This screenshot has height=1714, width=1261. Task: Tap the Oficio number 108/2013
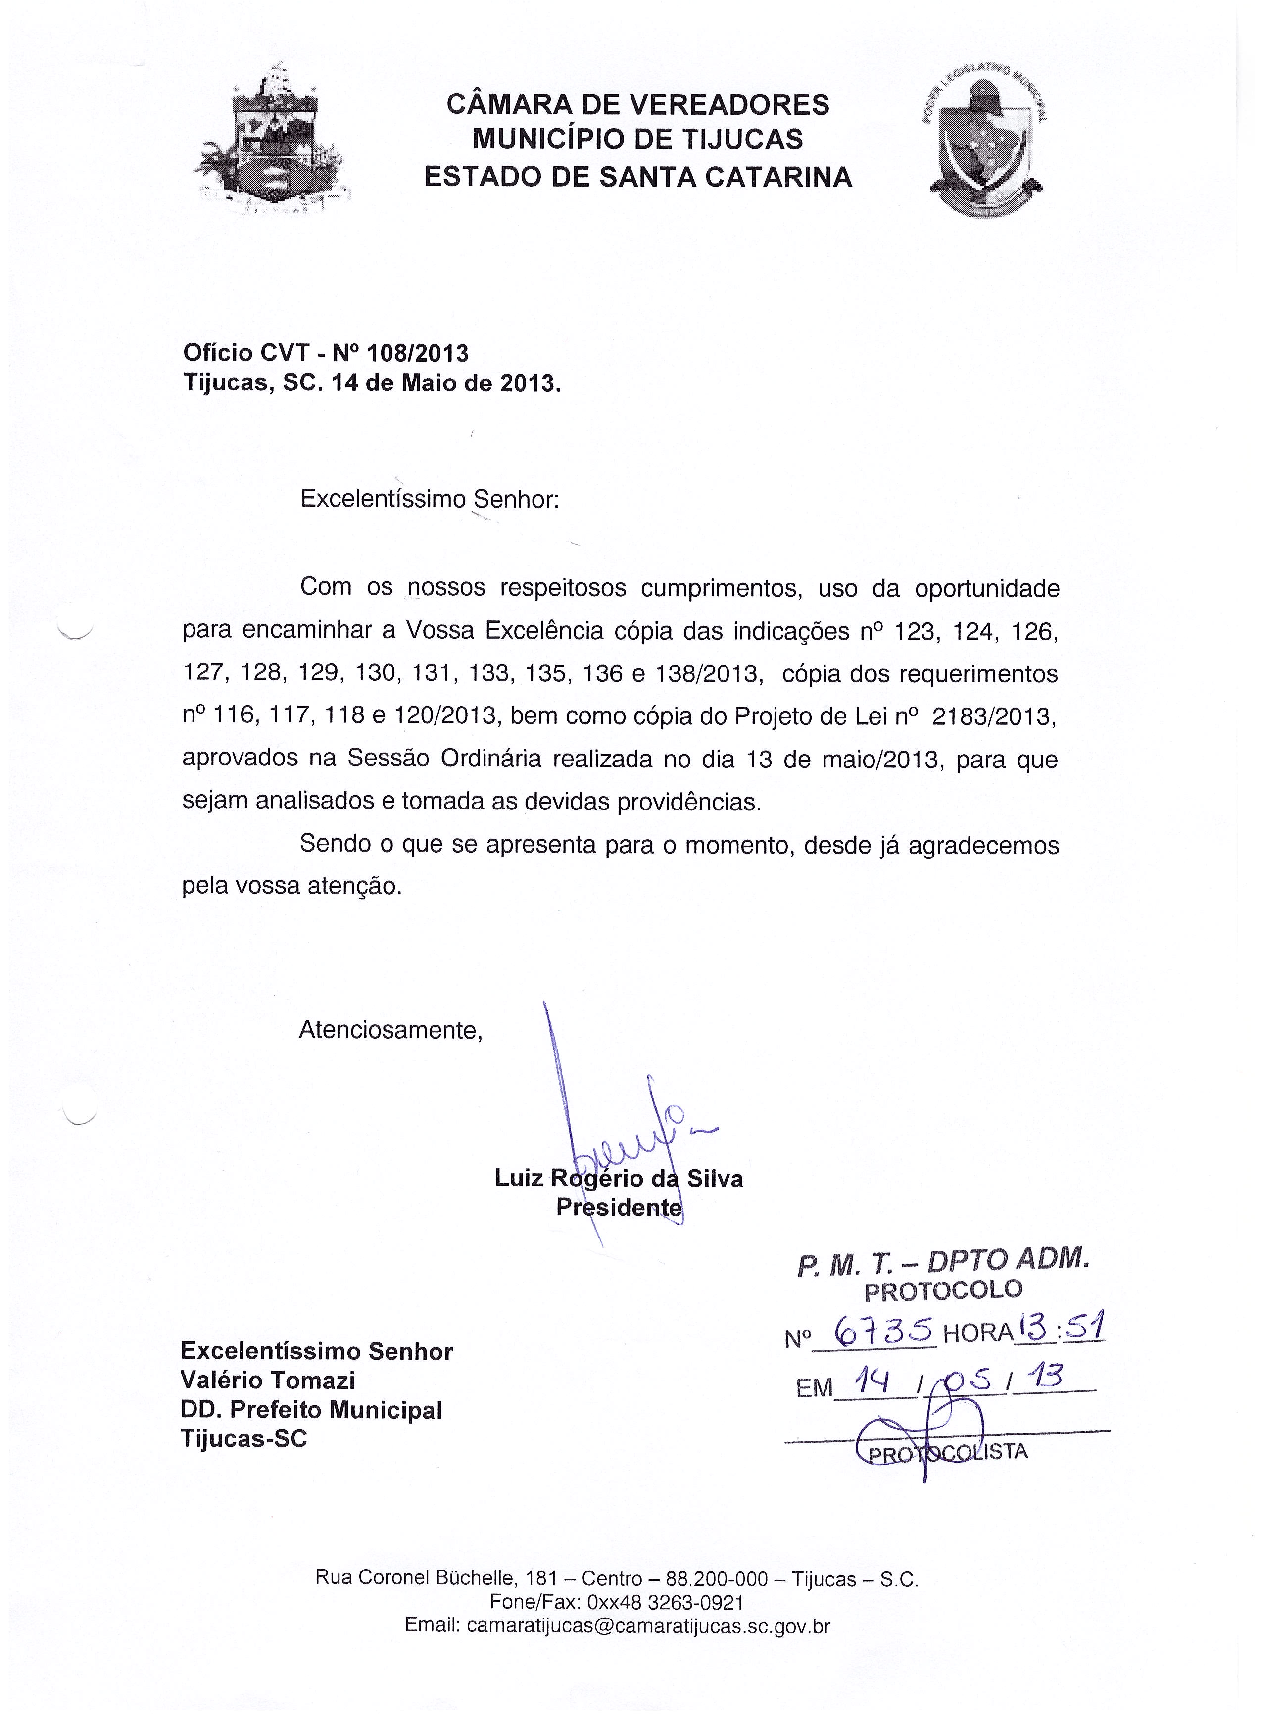coord(418,353)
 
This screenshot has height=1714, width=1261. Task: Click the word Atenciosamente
coord(391,1030)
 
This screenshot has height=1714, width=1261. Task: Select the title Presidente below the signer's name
coord(618,1207)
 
